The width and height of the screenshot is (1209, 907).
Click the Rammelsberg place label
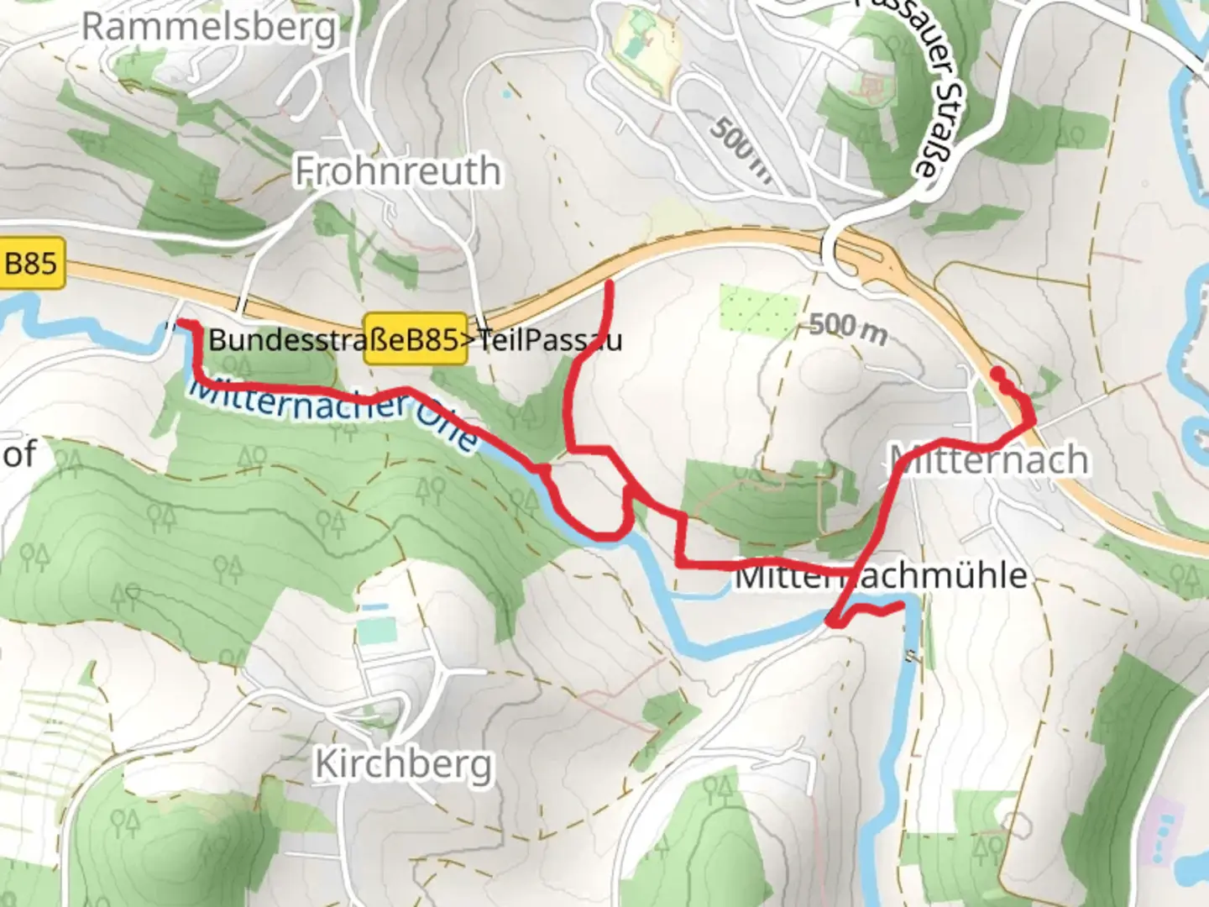click(208, 27)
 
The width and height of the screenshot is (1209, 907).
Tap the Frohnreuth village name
click(398, 171)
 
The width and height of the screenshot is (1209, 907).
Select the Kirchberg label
click(403, 764)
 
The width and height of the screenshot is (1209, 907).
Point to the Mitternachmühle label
click(882, 576)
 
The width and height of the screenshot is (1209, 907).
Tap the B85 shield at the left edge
click(31, 265)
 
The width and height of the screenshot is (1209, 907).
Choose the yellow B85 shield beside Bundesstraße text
click(415, 339)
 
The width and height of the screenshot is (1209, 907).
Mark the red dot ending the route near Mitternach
click(997, 372)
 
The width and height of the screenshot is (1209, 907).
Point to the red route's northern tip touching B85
click(609, 284)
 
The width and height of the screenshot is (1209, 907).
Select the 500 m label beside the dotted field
click(848, 328)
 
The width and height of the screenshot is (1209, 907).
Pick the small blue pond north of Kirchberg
click(374, 606)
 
